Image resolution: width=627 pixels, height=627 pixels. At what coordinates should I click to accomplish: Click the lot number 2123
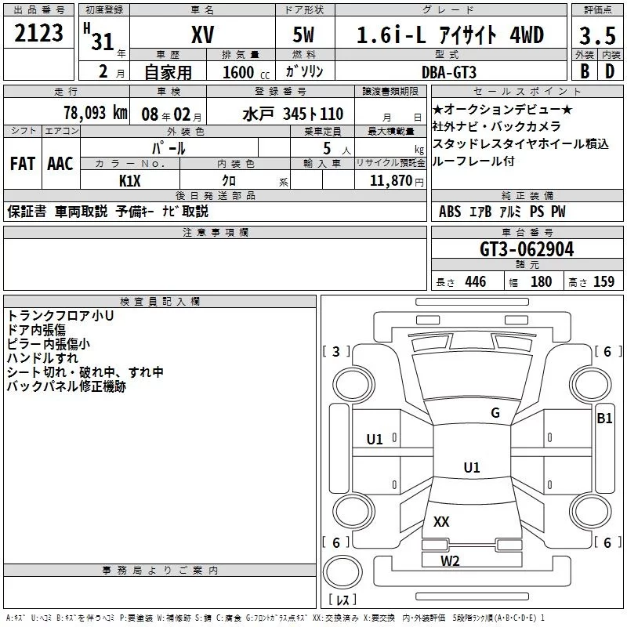[x=38, y=33]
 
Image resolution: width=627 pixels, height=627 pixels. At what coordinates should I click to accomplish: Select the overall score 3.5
[x=597, y=35]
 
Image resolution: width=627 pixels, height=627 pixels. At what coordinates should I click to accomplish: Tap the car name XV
[x=203, y=34]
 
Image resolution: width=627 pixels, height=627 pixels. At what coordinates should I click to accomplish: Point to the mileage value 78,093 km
[x=96, y=113]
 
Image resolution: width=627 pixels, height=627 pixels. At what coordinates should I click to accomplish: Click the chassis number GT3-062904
[x=527, y=249]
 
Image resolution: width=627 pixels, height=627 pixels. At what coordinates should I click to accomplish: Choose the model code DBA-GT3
[x=449, y=72]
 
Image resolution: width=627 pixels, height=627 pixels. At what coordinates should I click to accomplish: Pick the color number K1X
[x=130, y=181]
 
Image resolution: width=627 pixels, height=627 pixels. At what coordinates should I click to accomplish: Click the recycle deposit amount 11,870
[x=391, y=181]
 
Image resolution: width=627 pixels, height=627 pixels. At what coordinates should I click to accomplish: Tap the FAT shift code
[x=23, y=164]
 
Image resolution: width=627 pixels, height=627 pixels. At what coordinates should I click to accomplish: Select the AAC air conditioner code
[x=60, y=164]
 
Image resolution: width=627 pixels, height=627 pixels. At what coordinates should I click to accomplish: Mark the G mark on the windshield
[x=495, y=412]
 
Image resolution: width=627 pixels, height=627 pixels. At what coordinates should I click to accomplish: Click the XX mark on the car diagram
[x=441, y=521]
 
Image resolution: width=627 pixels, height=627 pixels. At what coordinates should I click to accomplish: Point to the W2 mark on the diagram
[x=450, y=561]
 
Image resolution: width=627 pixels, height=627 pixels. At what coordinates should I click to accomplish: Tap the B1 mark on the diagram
[x=604, y=419]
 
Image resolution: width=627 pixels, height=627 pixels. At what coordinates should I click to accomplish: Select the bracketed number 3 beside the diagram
[x=336, y=351]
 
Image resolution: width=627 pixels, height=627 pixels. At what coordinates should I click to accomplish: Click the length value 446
[x=476, y=281]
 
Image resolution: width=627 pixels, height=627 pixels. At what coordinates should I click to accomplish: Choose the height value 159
[x=603, y=281]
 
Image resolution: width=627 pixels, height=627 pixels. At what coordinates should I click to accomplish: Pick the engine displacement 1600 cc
[x=246, y=72]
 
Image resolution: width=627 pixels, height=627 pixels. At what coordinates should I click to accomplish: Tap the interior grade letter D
[x=610, y=71]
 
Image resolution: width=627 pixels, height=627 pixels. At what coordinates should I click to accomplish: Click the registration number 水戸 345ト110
[x=292, y=114]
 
